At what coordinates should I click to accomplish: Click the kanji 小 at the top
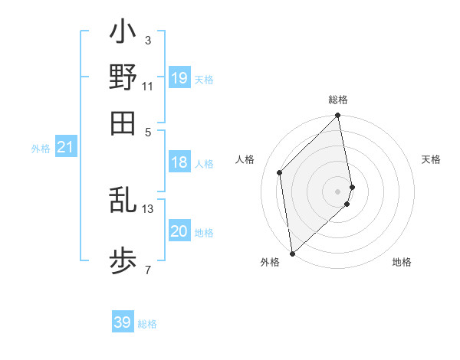123,34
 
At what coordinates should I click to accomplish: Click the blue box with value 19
179,78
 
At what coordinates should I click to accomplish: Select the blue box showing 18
179,162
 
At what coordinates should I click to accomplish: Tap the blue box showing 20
179,232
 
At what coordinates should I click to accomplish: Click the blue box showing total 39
123,322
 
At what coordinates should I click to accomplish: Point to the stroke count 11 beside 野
148,86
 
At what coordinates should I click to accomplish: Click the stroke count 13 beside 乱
148,208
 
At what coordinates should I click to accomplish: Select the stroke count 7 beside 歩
147,270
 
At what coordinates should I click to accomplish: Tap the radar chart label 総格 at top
338,100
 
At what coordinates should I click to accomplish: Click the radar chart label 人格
245,159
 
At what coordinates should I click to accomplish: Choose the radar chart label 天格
431,159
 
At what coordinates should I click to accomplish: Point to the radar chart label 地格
402,263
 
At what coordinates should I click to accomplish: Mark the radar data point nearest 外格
292,254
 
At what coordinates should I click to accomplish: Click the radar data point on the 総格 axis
338,116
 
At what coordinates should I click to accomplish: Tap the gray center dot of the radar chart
338,191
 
